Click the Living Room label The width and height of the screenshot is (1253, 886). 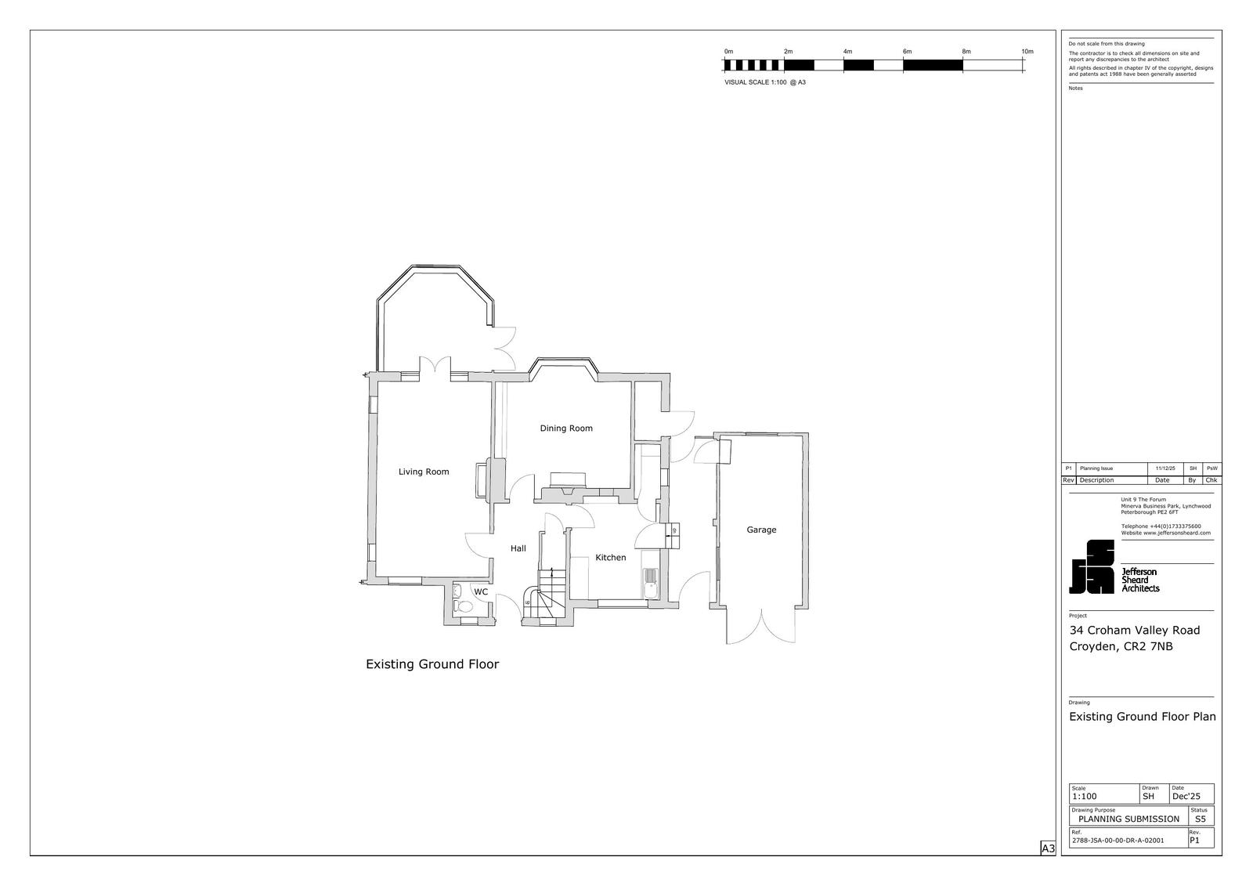click(424, 472)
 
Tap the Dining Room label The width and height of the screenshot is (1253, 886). click(566, 429)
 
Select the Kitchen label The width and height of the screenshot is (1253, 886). click(610, 558)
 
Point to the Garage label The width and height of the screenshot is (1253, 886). click(761, 530)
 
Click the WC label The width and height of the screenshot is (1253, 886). click(481, 591)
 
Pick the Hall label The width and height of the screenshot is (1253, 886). click(518, 548)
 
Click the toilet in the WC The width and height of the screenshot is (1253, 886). click(462, 606)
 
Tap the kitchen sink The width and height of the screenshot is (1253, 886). click(651, 583)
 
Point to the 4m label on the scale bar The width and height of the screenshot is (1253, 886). click(847, 52)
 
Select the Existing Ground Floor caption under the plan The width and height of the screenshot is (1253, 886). click(432, 664)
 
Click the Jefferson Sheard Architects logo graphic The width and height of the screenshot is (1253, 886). click(1092, 567)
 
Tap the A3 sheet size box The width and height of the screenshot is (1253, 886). click(1048, 848)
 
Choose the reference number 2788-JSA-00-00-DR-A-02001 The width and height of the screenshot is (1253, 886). click(1118, 840)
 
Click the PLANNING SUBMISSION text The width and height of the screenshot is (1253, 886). click(1128, 819)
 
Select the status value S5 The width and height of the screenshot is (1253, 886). click(1201, 819)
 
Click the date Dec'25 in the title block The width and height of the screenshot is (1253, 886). click(1186, 797)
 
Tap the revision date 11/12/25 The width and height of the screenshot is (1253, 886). click(1165, 468)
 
